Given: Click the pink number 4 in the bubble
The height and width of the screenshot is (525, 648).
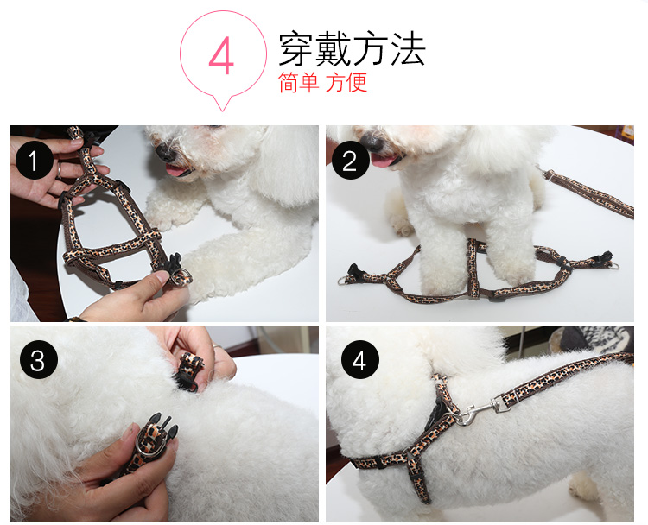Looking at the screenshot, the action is point(221,56).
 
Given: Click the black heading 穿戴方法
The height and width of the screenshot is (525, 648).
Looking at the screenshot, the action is point(353,48).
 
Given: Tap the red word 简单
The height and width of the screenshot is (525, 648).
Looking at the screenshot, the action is point(298,82).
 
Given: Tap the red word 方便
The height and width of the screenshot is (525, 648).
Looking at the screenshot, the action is point(346,82).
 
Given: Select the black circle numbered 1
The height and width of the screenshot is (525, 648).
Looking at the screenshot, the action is point(35,160).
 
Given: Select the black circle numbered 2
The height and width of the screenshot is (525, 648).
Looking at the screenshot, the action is point(351,161).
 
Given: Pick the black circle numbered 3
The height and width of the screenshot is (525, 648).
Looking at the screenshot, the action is point(38,360).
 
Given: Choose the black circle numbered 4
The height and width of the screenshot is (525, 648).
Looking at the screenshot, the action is point(360,360).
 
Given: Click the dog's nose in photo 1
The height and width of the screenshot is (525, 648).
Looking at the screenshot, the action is point(166,152).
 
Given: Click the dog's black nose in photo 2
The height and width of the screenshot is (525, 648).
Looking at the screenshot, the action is point(372,142).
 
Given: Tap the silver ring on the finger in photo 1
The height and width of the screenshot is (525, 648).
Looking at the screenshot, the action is point(59,170).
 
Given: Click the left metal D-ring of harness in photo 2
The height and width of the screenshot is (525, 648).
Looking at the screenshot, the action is point(343,281).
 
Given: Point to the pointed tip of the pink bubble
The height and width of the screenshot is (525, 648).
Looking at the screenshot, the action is point(222,111).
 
